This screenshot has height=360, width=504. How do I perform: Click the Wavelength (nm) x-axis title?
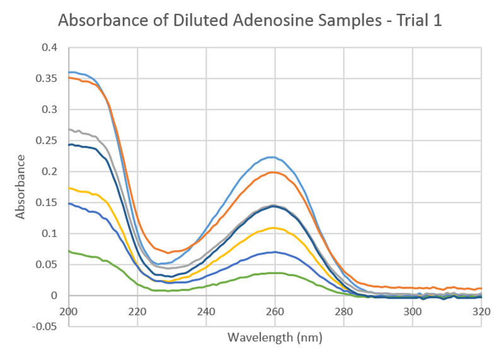click(275, 337)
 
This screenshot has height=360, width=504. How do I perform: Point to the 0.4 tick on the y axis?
click(49, 47)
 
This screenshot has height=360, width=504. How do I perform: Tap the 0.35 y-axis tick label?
click(46, 78)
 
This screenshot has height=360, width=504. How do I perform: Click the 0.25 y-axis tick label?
click(46, 140)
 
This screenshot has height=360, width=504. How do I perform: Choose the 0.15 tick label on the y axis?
click(46, 202)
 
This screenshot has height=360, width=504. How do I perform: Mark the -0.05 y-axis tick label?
click(44, 327)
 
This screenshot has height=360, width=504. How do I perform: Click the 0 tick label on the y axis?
click(54, 296)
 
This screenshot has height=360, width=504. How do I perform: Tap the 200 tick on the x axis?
click(69, 311)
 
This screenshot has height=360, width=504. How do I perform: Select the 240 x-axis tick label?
click(206, 311)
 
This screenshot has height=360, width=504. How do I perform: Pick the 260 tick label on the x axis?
click(275, 311)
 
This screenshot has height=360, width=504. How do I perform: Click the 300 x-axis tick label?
click(412, 311)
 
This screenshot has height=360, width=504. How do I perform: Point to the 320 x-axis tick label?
click(481, 311)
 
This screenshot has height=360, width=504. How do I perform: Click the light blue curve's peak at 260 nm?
click(272, 157)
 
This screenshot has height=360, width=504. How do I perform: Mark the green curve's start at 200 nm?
click(69, 251)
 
